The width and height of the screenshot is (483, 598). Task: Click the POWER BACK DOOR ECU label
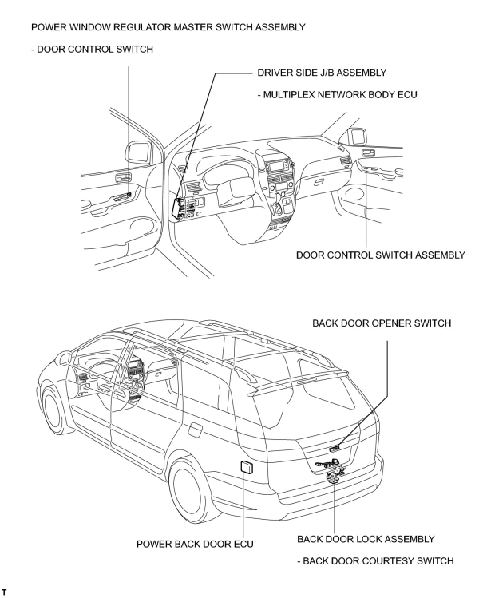195,544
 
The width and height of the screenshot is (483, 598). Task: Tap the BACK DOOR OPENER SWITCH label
382,323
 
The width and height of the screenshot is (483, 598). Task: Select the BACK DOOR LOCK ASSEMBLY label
366,539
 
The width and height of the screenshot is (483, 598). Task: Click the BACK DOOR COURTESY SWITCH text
376,561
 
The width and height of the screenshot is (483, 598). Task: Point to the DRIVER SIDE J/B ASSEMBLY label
322,73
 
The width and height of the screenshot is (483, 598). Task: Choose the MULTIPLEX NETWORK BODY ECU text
337,95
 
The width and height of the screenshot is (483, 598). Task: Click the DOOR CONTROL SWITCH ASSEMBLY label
380,255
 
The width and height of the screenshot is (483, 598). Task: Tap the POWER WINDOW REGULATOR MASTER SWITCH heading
168,27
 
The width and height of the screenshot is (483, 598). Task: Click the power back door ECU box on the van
246,467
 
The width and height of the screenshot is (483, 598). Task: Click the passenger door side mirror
357,137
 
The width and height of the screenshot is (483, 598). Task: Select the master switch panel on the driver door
121,197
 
